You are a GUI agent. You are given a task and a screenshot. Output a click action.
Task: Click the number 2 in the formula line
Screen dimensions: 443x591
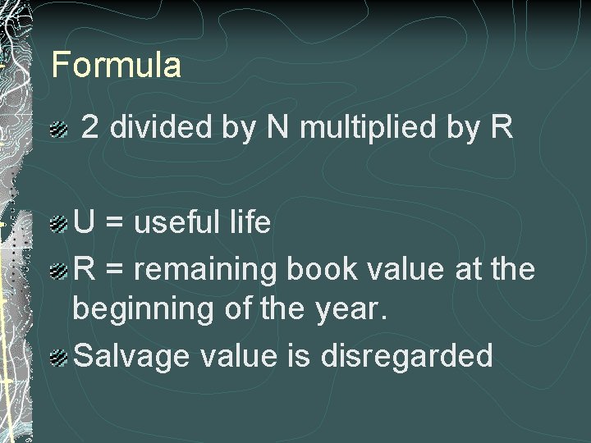tap(91, 127)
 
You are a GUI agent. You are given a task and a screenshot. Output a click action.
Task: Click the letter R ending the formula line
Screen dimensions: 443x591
tap(502, 127)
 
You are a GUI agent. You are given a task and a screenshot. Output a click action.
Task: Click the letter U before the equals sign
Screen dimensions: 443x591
tap(84, 222)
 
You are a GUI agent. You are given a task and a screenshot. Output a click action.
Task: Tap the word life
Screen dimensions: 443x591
tap(248, 222)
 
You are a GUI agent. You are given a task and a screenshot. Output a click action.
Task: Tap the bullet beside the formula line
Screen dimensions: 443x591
tap(57, 129)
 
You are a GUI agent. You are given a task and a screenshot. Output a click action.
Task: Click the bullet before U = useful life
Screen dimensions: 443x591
tap(57, 224)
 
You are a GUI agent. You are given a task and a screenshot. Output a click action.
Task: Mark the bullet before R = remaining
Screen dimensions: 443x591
tap(57, 270)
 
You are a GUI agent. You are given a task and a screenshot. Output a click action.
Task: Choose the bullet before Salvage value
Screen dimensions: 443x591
tap(57, 358)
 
